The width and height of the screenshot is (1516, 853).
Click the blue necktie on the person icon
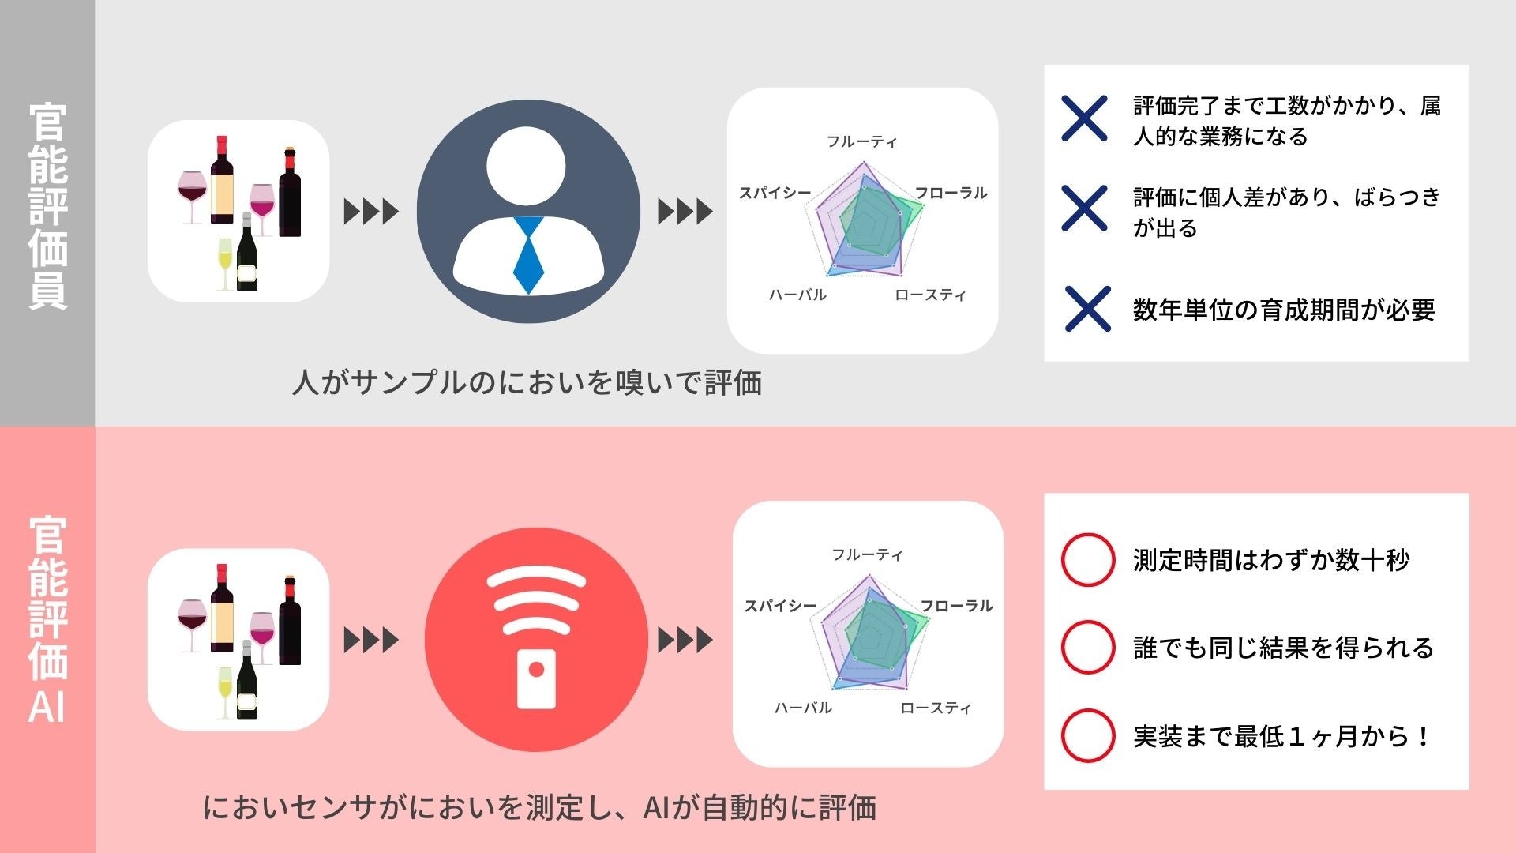pos(528,254)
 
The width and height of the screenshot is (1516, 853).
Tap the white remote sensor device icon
pos(536,678)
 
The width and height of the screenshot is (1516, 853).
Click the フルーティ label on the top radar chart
pos(861,142)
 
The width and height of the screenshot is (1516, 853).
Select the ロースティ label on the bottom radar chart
pos(936,708)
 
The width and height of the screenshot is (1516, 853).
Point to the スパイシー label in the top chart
pos(775,194)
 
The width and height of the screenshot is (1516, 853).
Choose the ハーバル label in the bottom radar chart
pos(803,708)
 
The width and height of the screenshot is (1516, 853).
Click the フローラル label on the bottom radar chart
pos(956,607)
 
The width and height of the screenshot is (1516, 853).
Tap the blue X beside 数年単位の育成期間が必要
pos(1087,309)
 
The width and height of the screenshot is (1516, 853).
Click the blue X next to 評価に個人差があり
pos(1084,209)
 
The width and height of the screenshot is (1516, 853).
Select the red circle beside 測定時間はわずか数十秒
pos(1088,560)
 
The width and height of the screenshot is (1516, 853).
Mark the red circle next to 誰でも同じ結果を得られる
pos(1088,648)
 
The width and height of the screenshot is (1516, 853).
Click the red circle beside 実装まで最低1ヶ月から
pos(1088,735)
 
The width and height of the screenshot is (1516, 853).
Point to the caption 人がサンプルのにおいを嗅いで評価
pos(527,383)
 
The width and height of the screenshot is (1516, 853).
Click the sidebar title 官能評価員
pos(48,205)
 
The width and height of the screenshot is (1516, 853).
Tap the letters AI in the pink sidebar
pos(47,707)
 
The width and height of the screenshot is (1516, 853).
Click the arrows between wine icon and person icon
pos(371,212)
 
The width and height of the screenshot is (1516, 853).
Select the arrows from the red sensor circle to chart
pos(685,640)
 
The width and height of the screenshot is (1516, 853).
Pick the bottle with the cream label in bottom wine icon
pos(222,608)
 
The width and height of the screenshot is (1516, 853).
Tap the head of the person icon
pos(527,166)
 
